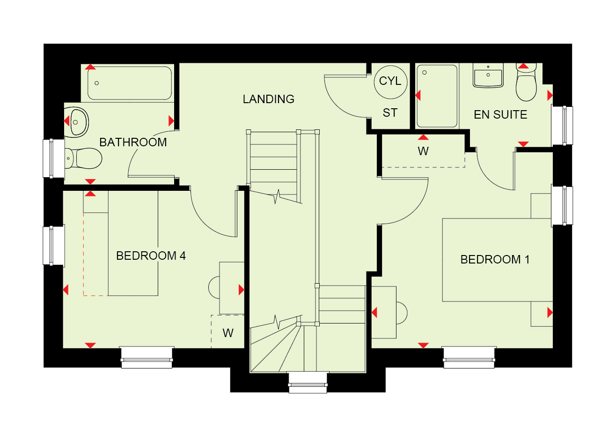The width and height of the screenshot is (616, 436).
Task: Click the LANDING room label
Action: (x=268, y=99)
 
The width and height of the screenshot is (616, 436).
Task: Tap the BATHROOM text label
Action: (x=133, y=143)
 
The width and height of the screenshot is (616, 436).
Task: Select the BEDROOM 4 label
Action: (x=151, y=256)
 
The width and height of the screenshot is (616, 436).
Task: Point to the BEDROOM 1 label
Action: (x=495, y=259)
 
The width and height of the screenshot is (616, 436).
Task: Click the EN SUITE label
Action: (x=500, y=114)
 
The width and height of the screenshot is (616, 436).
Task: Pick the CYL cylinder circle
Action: (x=390, y=82)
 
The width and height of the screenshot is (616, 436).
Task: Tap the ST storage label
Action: (x=390, y=113)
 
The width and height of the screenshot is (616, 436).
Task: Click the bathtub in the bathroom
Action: (x=130, y=83)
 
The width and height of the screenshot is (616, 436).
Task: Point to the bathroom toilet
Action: (x=83, y=158)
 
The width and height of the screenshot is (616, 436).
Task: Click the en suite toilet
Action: (x=526, y=83)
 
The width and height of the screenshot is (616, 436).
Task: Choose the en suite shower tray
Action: (x=437, y=96)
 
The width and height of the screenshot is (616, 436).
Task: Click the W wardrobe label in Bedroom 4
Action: (x=228, y=333)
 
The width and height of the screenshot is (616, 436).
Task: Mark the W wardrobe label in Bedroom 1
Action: (x=423, y=151)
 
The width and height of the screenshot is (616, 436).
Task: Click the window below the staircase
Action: (x=308, y=382)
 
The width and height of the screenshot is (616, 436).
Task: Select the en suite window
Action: (x=562, y=126)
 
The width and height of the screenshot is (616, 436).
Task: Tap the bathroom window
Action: (x=54, y=158)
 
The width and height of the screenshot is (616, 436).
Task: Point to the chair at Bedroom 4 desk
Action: (x=214, y=287)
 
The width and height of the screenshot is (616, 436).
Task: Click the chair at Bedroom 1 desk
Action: (x=402, y=313)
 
